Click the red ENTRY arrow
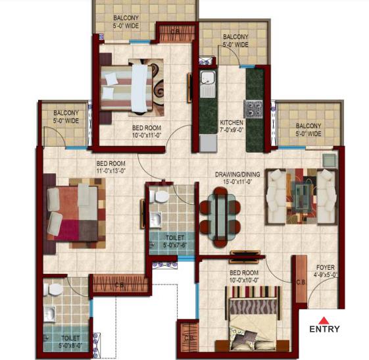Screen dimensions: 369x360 (324, 321)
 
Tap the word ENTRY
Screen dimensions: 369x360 (324, 329)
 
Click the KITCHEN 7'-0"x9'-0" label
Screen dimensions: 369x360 (232, 126)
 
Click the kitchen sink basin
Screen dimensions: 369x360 (207, 77)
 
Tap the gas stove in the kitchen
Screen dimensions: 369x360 (253, 109)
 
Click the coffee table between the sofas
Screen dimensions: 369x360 (302, 197)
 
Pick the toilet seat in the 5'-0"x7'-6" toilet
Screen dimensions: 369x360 (161, 197)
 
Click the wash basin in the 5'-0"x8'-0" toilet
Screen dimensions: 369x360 (49, 314)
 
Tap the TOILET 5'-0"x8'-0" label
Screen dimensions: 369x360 (70, 342)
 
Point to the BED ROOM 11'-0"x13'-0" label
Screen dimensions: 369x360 (111, 167)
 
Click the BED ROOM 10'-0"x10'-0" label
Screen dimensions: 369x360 (244, 276)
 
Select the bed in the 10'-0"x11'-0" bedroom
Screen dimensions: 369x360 (126, 88)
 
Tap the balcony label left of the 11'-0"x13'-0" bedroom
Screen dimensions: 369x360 (66, 116)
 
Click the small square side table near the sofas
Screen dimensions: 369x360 (330, 161)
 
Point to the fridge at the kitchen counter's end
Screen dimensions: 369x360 (208, 143)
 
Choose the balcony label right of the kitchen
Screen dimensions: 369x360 (308, 130)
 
